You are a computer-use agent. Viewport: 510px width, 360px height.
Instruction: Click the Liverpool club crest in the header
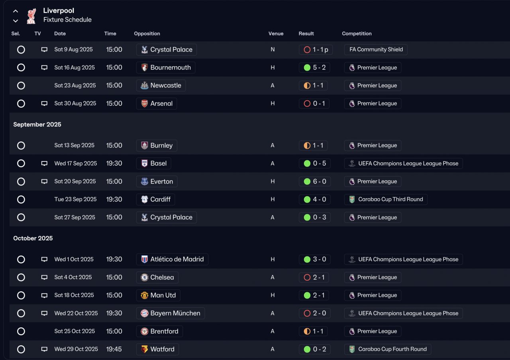coord(31,16)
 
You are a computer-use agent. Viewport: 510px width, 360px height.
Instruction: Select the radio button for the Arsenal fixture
coord(21,104)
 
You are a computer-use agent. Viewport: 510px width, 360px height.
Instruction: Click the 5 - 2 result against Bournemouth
coord(314,68)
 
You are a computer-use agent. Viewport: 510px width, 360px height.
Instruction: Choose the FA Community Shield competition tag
coord(376,50)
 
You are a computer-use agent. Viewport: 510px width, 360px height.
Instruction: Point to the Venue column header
coord(276,33)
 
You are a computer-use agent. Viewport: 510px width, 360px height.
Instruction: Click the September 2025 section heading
coord(37,124)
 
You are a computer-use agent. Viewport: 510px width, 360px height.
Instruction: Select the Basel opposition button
coord(153,163)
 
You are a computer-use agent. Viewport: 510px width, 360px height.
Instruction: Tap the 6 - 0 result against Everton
coord(314,181)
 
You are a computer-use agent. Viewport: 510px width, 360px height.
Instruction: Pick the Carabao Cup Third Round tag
coord(386,199)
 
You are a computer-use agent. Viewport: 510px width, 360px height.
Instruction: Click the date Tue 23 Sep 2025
coord(75,199)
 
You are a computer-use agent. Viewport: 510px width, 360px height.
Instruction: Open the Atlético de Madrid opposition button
coord(172,260)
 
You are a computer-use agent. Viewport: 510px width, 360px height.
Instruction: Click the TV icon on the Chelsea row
coord(44,277)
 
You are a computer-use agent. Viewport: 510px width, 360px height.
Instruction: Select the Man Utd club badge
coord(145,295)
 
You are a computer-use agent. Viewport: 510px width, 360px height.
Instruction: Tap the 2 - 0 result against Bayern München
coord(314,313)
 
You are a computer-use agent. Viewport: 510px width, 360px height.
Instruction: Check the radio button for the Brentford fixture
coord(21,331)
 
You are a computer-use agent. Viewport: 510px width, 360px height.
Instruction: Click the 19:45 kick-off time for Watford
coord(114,349)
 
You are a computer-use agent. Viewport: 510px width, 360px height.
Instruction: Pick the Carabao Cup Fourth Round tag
coord(387,349)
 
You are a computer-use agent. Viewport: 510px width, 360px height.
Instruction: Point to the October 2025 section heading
coord(33,238)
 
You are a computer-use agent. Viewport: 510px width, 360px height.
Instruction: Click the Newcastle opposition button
coord(161,86)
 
